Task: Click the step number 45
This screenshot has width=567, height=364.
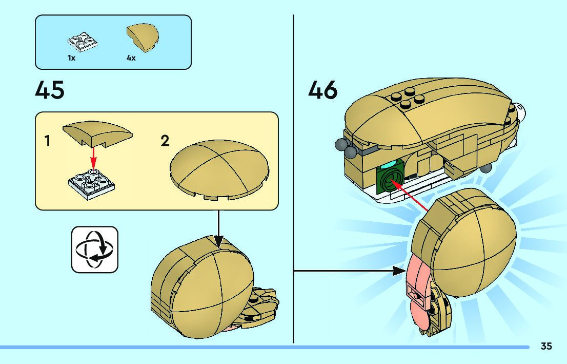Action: [50, 91]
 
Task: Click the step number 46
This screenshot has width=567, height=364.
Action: [323, 91]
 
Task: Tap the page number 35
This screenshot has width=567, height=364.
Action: [546, 347]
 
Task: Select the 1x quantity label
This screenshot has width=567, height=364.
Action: [72, 59]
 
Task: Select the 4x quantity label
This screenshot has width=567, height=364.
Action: [131, 59]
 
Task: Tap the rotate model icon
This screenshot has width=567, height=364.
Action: [94, 249]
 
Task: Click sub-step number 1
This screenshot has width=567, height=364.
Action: [47, 141]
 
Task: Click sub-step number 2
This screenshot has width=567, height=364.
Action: [165, 141]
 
